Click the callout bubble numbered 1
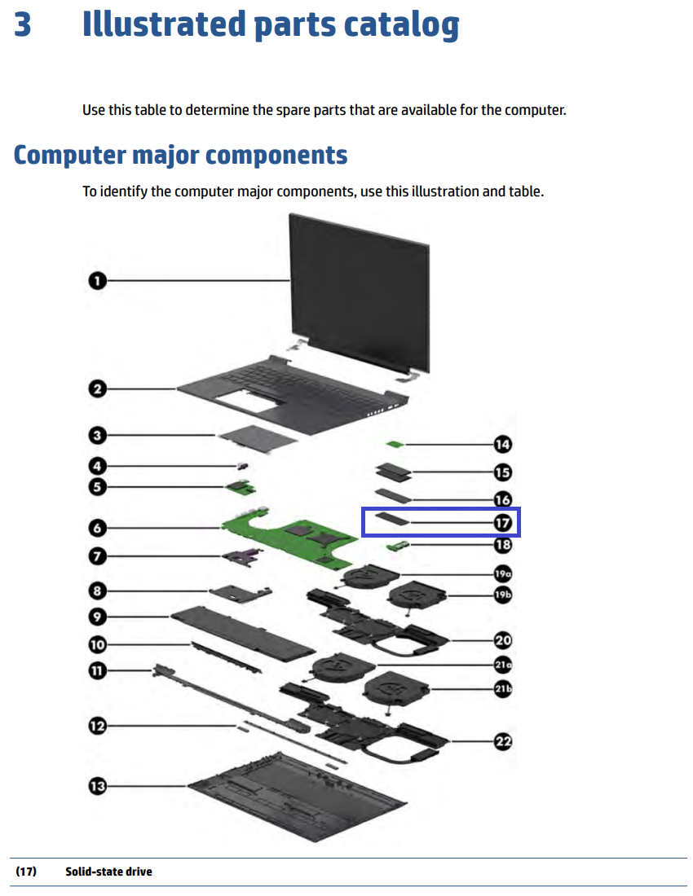coord(97,281)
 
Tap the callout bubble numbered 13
coord(97,786)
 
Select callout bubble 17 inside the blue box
coord(502,522)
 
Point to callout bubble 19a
coord(502,573)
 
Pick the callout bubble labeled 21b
coord(502,689)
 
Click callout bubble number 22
coord(502,741)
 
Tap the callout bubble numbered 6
coord(97,529)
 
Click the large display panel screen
coord(359,289)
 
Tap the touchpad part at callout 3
coord(257,437)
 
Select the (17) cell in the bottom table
coord(26,872)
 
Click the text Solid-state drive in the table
coord(108,872)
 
